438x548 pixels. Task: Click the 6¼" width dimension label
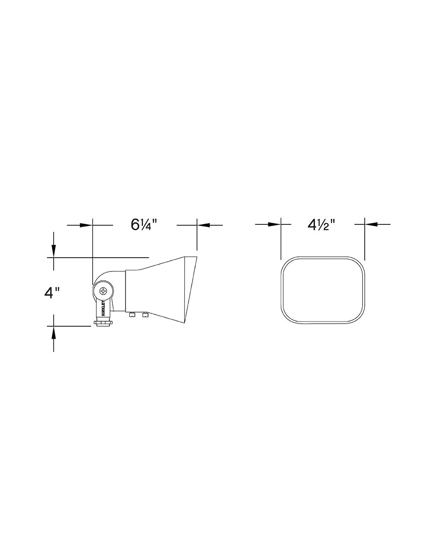(144, 225)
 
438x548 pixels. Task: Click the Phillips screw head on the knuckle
(103, 291)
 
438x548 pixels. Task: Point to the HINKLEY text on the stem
(104, 308)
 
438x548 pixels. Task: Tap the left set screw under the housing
(132, 315)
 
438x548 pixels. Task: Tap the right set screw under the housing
(145, 315)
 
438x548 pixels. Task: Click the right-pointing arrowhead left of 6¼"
(86, 225)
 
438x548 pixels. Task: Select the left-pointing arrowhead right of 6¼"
(203, 225)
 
